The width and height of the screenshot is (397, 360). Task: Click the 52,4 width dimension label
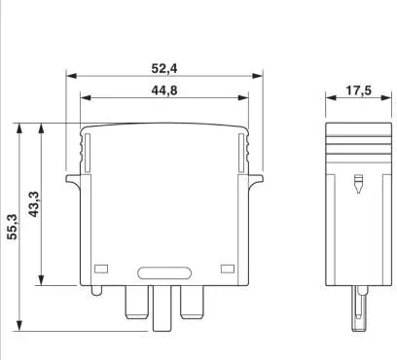(164, 69)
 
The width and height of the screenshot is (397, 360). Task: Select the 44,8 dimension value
(164, 90)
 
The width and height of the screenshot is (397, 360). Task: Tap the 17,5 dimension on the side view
(358, 90)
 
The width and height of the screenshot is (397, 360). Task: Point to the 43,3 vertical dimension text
(34, 204)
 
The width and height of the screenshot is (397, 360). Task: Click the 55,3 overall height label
(13, 227)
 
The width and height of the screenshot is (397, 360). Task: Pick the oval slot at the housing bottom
(164, 273)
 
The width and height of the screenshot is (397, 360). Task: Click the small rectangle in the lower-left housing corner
(101, 269)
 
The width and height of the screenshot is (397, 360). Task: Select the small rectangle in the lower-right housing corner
(228, 269)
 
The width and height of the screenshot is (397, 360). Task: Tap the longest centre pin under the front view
(162, 308)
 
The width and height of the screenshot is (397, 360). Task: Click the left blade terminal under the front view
(137, 303)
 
